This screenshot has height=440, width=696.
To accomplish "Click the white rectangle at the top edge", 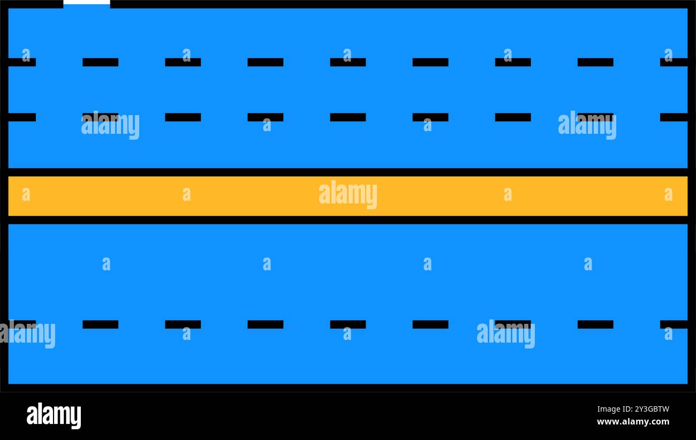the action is tap(87, 2).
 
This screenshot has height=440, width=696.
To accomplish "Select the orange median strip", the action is tap(348, 196).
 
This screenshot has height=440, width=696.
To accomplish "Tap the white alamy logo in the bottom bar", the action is tap(54, 415).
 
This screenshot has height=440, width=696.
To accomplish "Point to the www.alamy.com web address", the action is tap(633, 422).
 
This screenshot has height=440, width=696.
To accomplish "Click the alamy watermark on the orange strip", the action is tap(348, 194).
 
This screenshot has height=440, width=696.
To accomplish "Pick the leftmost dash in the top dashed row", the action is tap(22, 62).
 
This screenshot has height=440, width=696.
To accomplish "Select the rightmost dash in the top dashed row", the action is tap(674, 62).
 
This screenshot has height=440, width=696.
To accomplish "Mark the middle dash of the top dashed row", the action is tap(348, 62).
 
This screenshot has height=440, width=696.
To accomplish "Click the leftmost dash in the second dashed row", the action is tap(22, 117).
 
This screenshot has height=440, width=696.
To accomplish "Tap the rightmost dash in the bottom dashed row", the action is tap(674, 324).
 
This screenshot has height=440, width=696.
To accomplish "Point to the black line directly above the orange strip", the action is tap(348, 172).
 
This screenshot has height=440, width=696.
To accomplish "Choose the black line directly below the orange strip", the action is tap(348, 220).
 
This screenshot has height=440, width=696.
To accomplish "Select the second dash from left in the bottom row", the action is tap(100, 324).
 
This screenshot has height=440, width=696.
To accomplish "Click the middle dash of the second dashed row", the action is tap(348, 117).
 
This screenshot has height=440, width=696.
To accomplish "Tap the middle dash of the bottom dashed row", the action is tap(348, 324).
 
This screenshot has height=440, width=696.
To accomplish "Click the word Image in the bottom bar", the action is tap(606, 409).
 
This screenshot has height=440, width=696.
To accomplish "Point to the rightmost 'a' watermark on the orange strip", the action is tap(668, 194).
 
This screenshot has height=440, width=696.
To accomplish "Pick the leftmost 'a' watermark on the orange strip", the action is tap(26, 194).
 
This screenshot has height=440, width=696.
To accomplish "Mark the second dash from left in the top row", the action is tap(100, 62).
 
